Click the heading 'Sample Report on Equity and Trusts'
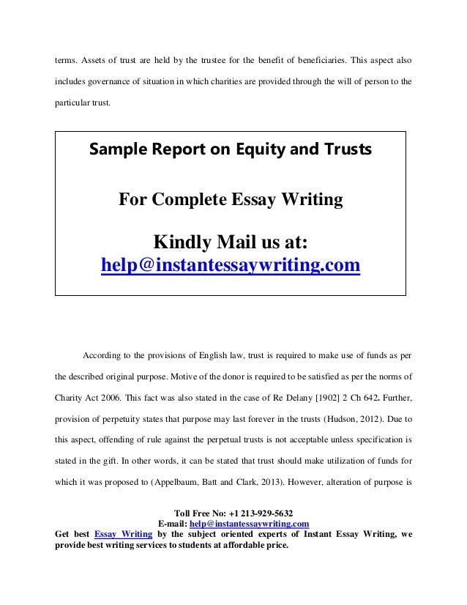click(x=230, y=150)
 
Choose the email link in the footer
click(x=249, y=524)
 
